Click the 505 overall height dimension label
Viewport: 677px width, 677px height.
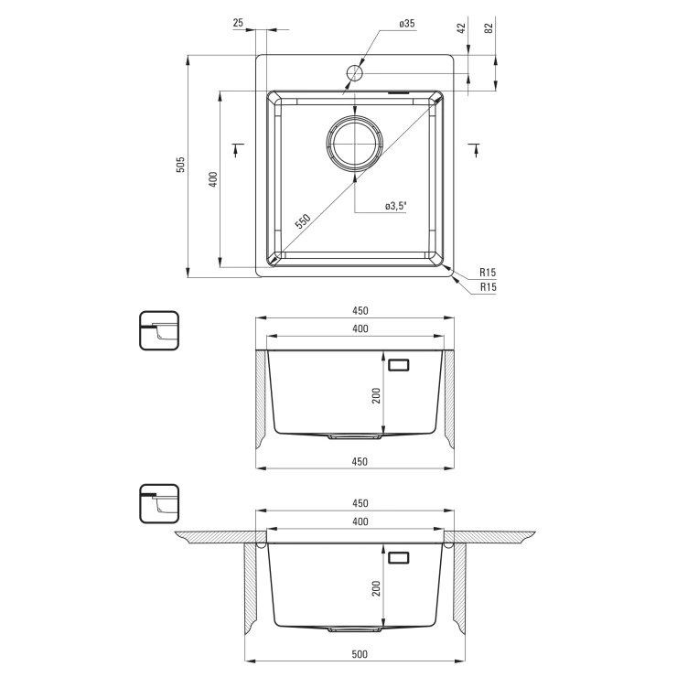pos(181,165)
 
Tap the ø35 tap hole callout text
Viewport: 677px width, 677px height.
pos(407,24)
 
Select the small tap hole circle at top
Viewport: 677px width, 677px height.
pos(354,73)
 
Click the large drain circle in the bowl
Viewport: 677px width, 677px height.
pos(354,143)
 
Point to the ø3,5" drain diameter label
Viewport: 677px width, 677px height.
pos(396,206)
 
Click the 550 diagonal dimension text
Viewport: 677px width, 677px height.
pos(303,221)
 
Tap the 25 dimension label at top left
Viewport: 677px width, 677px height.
pos(239,23)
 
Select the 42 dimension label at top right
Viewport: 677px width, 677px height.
pos(461,28)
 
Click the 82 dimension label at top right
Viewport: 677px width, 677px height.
pos(489,28)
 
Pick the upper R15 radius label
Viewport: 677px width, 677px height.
pos(488,273)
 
